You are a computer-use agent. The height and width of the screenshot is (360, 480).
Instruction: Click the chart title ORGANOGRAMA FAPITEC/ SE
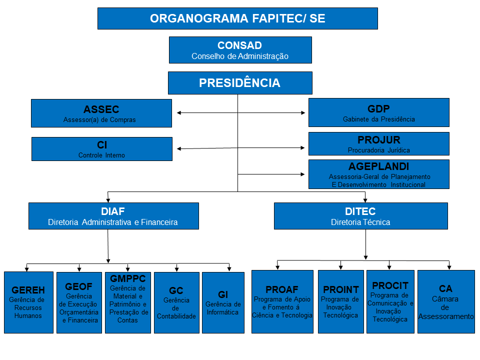point(237,18)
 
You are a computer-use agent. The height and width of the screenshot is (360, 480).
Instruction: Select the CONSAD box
point(240,50)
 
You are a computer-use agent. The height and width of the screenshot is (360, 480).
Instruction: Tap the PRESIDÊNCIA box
point(240,83)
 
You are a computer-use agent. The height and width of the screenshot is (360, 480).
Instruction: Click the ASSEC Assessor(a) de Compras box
point(101,113)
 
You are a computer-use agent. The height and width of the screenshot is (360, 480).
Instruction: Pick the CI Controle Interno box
point(101,149)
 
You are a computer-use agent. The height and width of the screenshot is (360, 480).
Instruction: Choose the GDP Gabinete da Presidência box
point(378,112)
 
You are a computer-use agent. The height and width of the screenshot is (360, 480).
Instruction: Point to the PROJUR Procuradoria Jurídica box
point(378,143)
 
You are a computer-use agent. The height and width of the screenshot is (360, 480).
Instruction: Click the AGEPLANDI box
point(378,174)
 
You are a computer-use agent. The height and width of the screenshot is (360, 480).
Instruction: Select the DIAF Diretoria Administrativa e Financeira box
point(113,216)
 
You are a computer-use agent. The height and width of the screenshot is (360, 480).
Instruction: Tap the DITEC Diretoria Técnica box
point(360,216)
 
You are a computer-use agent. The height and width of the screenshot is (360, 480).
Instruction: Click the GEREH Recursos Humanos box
point(28,302)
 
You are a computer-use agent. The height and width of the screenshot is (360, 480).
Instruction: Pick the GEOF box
point(78,302)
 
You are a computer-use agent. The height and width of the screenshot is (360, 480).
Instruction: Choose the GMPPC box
point(127,302)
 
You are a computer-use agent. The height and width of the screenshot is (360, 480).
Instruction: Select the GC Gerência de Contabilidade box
point(176,302)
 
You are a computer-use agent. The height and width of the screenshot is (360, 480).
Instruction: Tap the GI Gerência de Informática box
point(223,302)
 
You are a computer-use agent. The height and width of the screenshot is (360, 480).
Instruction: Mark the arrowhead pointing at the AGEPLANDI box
point(302,174)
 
